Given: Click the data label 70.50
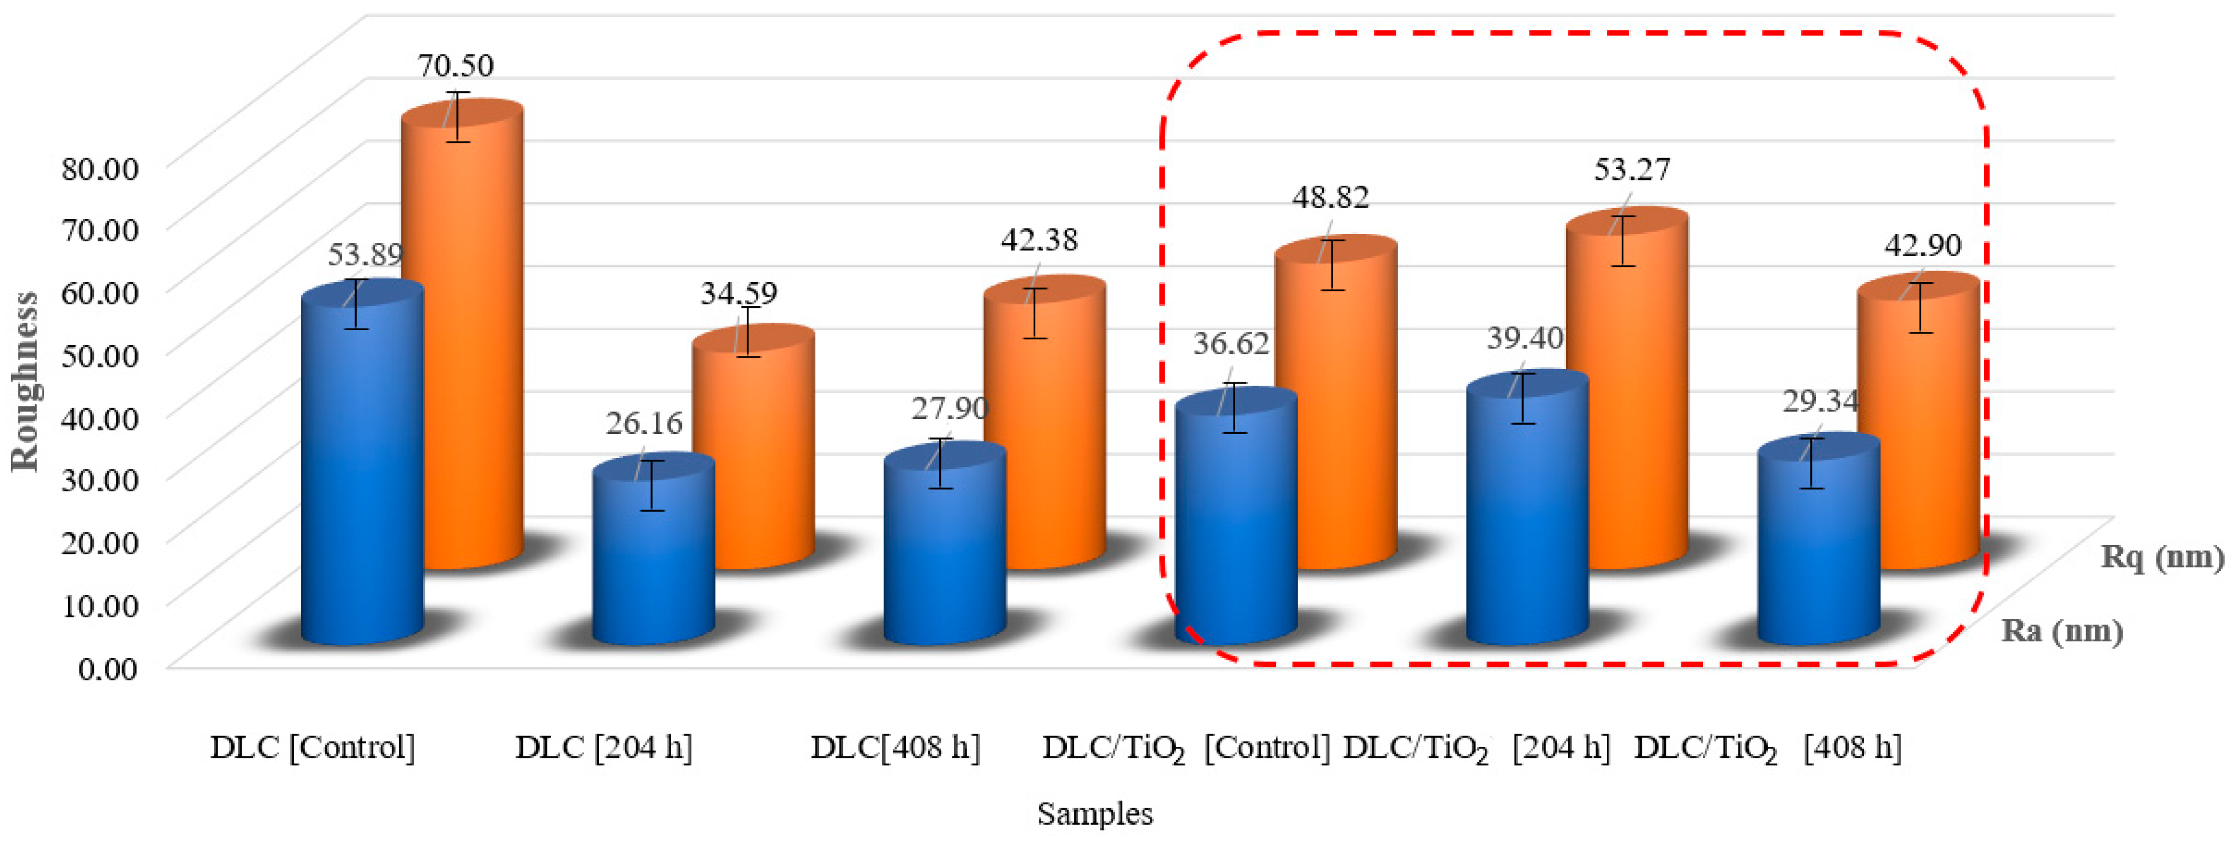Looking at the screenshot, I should pyautogui.click(x=455, y=65).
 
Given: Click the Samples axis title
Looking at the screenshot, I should pyautogui.click(x=1095, y=813).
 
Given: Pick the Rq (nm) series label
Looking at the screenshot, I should pyautogui.click(x=2161, y=557).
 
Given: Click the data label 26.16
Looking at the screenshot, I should pyautogui.click(x=644, y=423).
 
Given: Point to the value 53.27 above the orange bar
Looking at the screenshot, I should pyautogui.click(x=1631, y=169).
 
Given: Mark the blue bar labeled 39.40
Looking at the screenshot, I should pyautogui.click(x=1527, y=521).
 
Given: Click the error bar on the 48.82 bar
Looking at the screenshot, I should pyautogui.click(x=1332, y=265).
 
